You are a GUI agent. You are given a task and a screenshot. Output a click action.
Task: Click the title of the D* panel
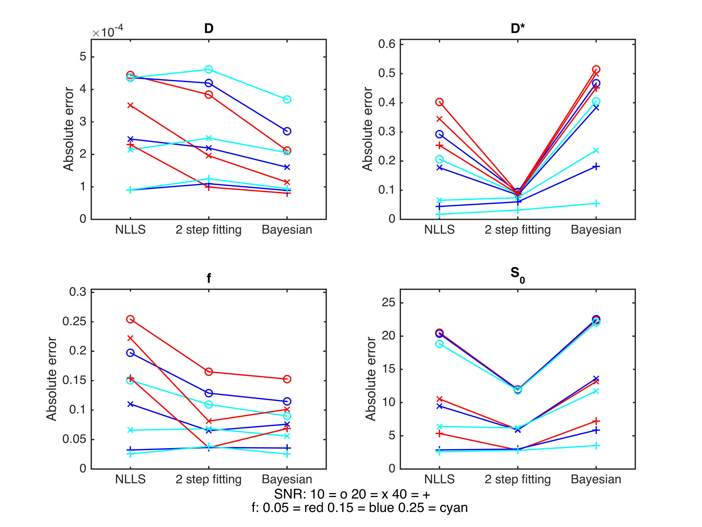coord(518,28)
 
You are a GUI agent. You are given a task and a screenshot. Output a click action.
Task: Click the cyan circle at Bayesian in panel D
coord(287,99)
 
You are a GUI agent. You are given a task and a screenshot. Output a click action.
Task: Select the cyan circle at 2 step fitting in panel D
coord(208,69)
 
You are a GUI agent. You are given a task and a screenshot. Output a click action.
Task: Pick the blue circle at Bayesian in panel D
coord(287,131)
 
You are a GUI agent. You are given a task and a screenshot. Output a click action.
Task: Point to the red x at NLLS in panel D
coord(130,105)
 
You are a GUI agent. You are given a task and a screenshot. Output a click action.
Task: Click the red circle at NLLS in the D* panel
coord(439,102)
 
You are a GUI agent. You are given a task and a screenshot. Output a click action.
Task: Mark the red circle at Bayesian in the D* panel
coord(596,69)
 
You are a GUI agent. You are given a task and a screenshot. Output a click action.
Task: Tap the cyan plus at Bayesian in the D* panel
coord(596,204)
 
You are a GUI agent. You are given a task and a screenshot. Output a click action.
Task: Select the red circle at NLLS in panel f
coord(130,319)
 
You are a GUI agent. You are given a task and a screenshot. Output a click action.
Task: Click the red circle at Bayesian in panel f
coord(287,379)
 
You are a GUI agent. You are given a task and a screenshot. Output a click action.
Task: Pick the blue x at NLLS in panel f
coord(130,404)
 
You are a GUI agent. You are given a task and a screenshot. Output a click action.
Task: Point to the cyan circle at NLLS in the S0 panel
coord(439,344)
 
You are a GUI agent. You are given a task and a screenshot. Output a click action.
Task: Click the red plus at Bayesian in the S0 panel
coord(596,421)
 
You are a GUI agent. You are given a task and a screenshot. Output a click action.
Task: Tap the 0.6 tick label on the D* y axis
coord(386,44)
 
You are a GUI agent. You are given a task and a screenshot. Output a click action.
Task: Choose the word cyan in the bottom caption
coord(454,508)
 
